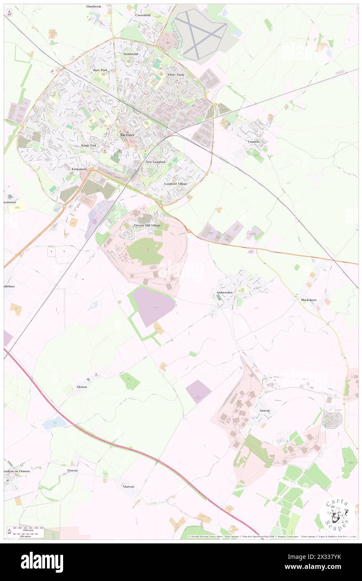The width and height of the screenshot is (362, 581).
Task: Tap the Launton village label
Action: point(253,142)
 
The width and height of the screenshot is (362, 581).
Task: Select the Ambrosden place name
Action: point(221,292)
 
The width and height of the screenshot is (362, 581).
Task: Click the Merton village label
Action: point(82,387)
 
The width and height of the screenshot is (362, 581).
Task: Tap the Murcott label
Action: point(128,487)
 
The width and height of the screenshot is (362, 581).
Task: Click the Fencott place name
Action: point(73,470)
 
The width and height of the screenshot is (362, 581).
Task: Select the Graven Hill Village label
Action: point(147,225)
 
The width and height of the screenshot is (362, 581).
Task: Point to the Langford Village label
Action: point(176,184)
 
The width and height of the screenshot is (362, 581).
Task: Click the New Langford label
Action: point(156,162)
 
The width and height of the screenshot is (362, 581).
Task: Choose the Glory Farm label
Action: point(176,74)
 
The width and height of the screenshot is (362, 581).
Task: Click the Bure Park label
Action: point(100,70)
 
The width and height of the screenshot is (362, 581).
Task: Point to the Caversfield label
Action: point(143,15)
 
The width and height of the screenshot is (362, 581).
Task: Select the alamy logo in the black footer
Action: point(42,562)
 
